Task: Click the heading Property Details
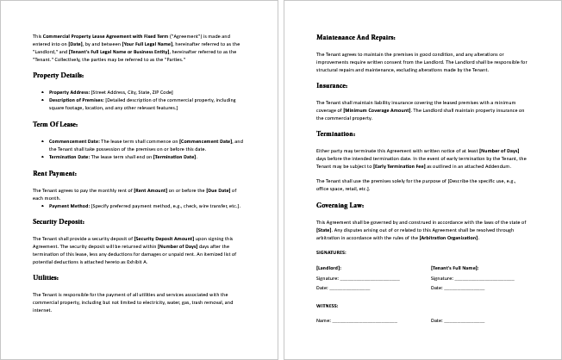[x=59, y=76]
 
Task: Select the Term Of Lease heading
[x=56, y=125]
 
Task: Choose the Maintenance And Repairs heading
[x=356, y=38]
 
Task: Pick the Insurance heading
[x=332, y=86]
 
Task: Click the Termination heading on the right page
[x=336, y=134]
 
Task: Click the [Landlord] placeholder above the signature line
[x=329, y=268]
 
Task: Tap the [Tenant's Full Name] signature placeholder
[x=453, y=268]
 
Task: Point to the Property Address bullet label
[x=71, y=92]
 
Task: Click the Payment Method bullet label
[x=70, y=207]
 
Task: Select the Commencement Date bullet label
[x=77, y=140]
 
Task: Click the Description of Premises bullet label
[x=78, y=100]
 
